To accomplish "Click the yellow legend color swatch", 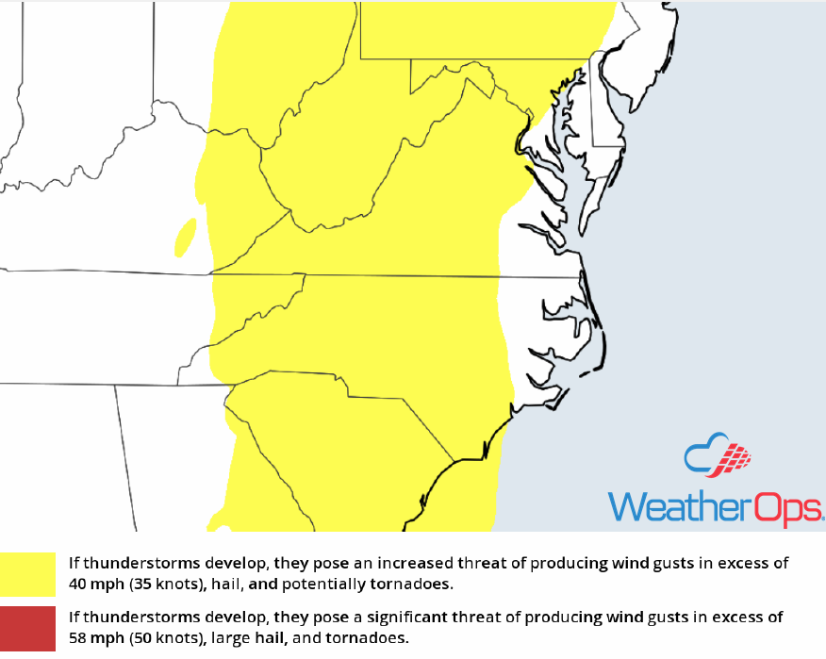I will (x=28, y=574).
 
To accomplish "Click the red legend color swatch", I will (x=28, y=628).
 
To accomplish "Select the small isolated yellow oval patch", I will (x=186, y=237).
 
